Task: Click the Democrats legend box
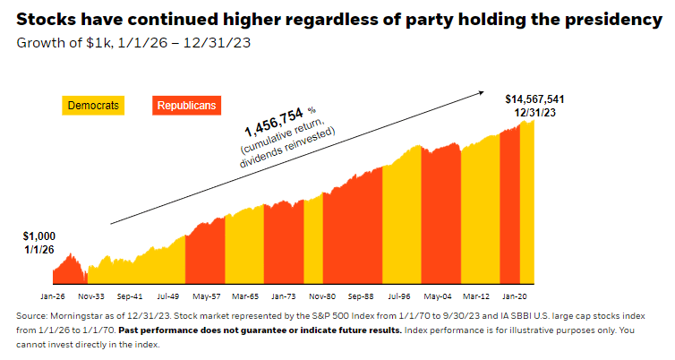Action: click(x=92, y=106)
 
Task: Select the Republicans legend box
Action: click(x=186, y=106)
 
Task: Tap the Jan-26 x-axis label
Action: click(x=53, y=294)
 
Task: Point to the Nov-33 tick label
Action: click(x=91, y=294)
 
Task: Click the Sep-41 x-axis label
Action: click(x=130, y=294)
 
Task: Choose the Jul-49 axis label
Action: click(x=168, y=294)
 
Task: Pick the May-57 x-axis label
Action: click(x=207, y=294)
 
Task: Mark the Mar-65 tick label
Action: click(x=245, y=294)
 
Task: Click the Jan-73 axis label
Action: click(x=284, y=294)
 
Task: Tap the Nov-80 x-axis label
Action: click(x=322, y=294)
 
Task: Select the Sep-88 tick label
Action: click(x=361, y=294)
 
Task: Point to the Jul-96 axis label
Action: click(x=399, y=294)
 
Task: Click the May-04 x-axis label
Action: click(x=438, y=294)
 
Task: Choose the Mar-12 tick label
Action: click(x=476, y=294)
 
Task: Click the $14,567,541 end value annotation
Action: click(x=534, y=99)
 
